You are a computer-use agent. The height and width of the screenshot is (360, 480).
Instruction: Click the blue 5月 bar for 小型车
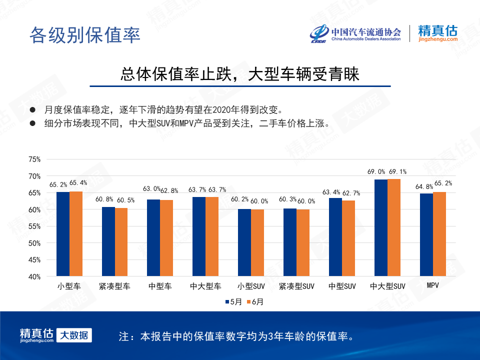[63, 234]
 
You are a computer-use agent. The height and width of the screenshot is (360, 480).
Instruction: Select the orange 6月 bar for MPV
[439, 234]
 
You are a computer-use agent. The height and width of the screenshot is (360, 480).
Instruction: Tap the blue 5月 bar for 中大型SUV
[381, 227]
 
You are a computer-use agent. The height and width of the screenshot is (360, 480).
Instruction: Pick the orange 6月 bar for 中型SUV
[348, 238]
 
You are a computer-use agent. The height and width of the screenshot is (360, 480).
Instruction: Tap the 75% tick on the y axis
[34, 159]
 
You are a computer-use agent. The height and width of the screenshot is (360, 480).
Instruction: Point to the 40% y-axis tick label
[34, 276]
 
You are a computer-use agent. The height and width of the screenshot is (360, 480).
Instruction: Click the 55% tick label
[34, 226]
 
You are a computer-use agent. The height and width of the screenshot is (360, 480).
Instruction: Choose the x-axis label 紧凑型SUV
[296, 286]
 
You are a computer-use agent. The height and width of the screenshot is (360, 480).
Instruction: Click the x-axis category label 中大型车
[205, 286]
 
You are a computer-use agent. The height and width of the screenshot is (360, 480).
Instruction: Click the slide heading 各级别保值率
[84, 34]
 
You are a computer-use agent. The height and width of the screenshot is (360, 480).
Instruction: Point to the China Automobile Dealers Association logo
[355, 33]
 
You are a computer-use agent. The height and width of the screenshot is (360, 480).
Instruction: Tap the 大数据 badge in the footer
[74, 335]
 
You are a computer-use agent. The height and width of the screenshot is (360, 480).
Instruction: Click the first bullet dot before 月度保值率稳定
[33, 109]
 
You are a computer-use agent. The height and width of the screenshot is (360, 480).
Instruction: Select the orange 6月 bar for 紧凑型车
[121, 242]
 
